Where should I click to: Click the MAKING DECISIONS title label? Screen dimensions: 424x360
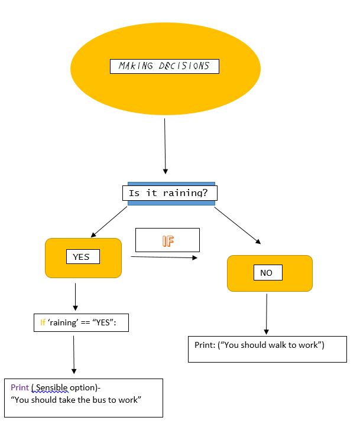point(164,66)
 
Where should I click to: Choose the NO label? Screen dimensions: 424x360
point(267,273)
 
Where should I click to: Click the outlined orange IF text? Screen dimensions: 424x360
point(168,240)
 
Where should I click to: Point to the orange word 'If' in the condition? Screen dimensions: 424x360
point(43,323)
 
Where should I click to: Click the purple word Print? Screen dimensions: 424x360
point(20,387)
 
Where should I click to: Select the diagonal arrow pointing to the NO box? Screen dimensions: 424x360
point(237,224)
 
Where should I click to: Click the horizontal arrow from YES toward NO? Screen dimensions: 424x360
point(164,257)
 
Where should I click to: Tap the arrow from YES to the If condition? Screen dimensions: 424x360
point(75,296)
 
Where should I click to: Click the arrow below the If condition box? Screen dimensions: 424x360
point(74,354)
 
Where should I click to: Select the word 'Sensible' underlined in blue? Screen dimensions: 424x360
point(53,387)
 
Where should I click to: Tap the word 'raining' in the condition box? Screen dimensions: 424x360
point(66,323)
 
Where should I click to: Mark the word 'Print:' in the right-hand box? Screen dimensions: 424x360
point(205,344)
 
